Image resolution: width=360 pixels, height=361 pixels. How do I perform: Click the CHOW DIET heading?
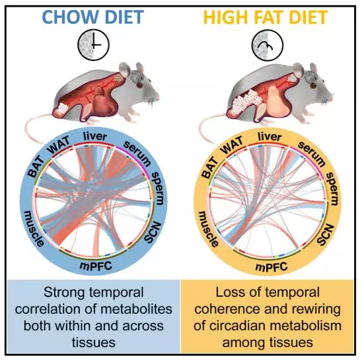[93, 17]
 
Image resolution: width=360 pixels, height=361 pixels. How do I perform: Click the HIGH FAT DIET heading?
[266, 17]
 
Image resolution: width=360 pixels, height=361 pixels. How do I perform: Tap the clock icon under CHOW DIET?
[93, 45]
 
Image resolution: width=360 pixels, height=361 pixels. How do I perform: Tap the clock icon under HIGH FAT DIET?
[268, 45]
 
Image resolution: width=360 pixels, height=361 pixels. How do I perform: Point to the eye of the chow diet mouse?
[139, 85]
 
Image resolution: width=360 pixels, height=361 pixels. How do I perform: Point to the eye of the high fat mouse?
[313, 85]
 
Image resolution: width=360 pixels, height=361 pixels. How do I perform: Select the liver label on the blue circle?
[95, 136]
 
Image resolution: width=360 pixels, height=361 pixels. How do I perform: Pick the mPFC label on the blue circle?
[96, 266]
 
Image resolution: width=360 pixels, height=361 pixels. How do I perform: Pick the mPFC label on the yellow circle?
[271, 267]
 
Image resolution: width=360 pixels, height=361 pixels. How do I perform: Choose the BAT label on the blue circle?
[36, 166]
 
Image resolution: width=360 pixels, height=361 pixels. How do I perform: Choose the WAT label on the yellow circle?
[233, 145]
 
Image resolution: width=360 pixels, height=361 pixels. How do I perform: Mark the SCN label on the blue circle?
[153, 233]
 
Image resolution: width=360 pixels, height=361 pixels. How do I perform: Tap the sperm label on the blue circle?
[157, 188]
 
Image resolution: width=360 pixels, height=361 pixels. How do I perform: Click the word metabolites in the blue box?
[137, 309]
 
